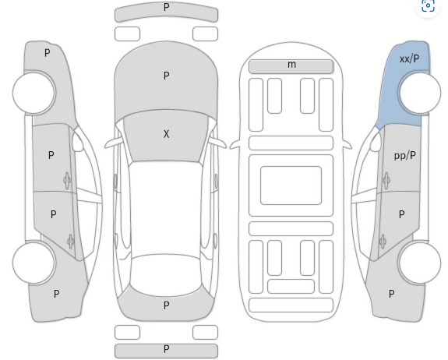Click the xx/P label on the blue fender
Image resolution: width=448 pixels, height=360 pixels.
[x=409, y=59]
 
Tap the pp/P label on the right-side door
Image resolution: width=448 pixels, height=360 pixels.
[x=405, y=156]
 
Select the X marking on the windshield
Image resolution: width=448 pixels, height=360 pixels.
[x=166, y=134]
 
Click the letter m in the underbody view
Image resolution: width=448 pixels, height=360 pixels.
[x=291, y=64]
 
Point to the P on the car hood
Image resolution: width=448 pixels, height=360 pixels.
[x=166, y=76]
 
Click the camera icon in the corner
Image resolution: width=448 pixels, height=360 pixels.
[x=428, y=5]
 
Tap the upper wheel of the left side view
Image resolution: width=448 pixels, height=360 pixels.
[x=34, y=93]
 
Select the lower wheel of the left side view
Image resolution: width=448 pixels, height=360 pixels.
[x=34, y=263]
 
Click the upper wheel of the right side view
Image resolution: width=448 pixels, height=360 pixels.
[x=420, y=93]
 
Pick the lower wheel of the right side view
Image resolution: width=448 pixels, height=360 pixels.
[x=420, y=263]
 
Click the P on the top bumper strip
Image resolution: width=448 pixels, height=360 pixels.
[x=166, y=7]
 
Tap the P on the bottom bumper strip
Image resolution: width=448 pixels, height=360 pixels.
[x=166, y=349]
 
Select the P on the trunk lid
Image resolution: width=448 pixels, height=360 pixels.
[x=166, y=305]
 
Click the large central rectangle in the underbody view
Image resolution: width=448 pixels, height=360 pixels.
[x=291, y=185]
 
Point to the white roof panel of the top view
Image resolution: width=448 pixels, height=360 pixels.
[x=166, y=207]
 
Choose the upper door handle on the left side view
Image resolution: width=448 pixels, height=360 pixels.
[x=67, y=180]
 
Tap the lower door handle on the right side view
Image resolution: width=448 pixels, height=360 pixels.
[x=383, y=242]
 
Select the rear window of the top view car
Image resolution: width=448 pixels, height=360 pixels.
[x=166, y=275]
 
